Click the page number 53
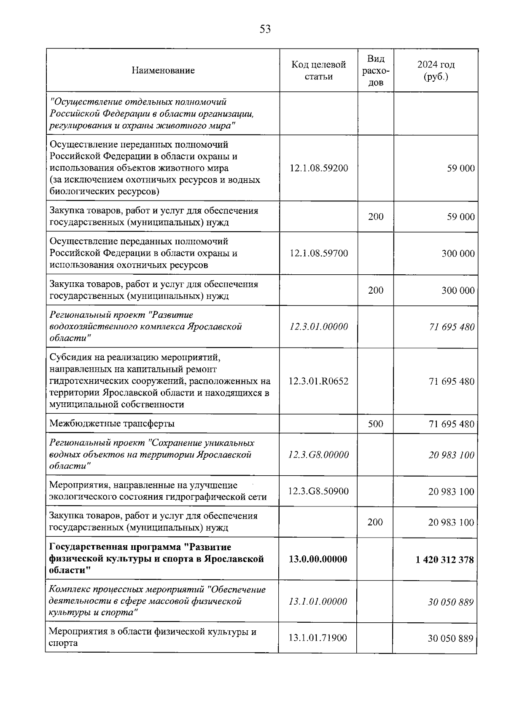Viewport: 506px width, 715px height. [x=265, y=29]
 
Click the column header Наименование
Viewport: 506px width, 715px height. [x=163, y=70]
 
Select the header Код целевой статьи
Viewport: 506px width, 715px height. [x=318, y=70]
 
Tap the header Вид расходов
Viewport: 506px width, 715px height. [x=375, y=70]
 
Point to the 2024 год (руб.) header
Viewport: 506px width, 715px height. [x=436, y=70]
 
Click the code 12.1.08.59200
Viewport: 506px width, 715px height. [x=319, y=168]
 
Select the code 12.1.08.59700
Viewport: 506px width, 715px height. [x=319, y=253]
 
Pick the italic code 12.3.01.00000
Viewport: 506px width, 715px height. [x=319, y=327]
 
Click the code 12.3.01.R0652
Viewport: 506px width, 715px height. [x=319, y=381]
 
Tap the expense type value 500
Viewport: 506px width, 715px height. [x=375, y=424]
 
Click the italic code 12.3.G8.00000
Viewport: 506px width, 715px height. [x=319, y=455]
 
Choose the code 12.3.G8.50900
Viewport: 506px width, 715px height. [x=319, y=491]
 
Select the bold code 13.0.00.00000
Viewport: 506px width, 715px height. [x=318, y=559]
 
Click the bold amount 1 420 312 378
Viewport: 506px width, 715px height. [x=444, y=560]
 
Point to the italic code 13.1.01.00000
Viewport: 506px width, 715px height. [x=318, y=601]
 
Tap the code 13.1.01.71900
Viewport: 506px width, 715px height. [x=318, y=638]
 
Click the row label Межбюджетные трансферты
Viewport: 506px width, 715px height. [x=112, y=423]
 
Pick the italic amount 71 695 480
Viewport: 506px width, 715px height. [x=452, y=327]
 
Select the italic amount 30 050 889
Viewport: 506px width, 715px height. [x=450, y=602]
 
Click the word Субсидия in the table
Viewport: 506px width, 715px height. [x=68, y=358]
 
